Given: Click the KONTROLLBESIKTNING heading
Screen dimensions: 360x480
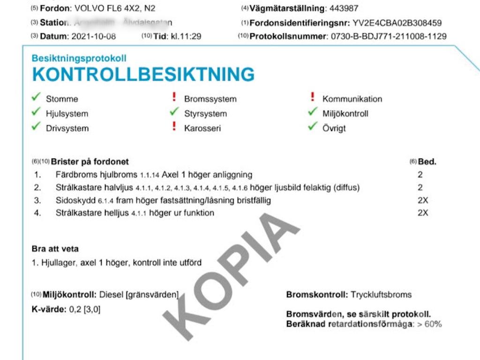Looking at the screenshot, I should tap(143, 75).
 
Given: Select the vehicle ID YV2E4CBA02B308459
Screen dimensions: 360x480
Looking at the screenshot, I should tap(397, 22).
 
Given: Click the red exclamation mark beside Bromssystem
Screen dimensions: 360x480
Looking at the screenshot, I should tap(174, 97).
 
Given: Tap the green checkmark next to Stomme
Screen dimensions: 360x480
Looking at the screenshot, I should tap(36, 97).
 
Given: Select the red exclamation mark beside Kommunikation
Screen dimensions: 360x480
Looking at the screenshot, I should tap(313, 97).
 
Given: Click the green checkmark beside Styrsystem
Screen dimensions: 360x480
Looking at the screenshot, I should tap(174, 112).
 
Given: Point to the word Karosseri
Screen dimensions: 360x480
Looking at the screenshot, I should tap(202, 128).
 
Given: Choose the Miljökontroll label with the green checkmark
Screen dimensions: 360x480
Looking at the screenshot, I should tap(345, 113).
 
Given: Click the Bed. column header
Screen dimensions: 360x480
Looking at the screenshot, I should tap(427, 162).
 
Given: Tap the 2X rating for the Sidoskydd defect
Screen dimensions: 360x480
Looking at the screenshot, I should tap(423, 200).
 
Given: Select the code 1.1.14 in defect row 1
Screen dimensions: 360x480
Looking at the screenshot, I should tap(150, 175).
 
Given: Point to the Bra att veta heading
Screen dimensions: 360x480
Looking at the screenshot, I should tap(55, 248).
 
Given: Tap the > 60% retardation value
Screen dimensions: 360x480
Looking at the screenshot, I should tap(430, 324).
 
